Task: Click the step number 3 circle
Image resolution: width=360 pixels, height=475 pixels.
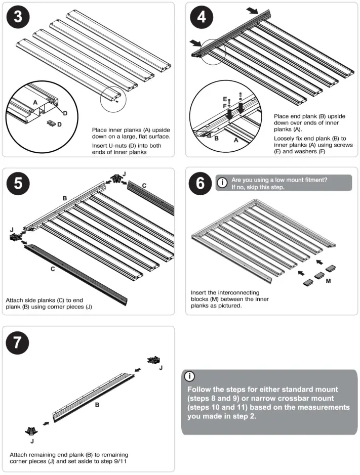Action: click(18, 16)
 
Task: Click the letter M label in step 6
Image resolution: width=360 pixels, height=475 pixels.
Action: click(329, 280)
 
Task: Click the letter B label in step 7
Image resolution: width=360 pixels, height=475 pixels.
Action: click(97, 405)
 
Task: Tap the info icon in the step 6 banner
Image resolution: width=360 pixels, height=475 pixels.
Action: click(221, 182)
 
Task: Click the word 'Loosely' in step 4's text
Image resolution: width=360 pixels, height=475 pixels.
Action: click(286, 138)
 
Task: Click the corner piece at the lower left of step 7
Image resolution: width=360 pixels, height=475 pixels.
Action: click(32, 431)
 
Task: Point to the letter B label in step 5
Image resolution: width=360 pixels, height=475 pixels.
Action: click(65, 199)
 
